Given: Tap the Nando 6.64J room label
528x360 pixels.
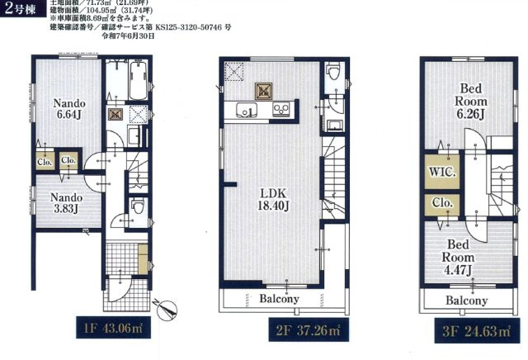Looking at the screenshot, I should [x=66, y=110].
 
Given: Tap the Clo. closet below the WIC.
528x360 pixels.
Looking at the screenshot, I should [x=440, y=203].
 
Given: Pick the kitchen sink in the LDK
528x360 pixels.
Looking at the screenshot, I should [x=245, y=110].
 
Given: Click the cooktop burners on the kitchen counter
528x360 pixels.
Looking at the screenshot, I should [x=281, y=109].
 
